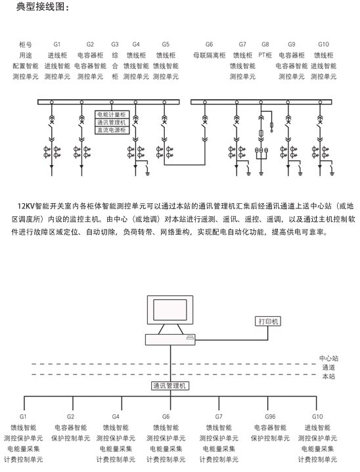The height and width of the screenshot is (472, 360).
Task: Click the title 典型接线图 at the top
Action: [x=40, y=7]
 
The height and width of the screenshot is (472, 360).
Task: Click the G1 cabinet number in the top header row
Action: [x=57, y=45]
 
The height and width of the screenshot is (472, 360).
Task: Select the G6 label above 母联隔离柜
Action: [x=209, y=45]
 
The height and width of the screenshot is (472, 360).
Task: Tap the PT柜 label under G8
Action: [x=265, y=55]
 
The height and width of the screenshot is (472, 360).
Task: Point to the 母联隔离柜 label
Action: [x=209, y=55]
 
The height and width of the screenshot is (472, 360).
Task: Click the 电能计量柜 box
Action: [x=112, y=114]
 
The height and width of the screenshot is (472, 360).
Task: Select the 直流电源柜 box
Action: [x=112, y=130]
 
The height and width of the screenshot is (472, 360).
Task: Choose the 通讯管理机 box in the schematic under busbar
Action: [x=112, y=122]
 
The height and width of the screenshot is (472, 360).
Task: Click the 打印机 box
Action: [x=268, y=321]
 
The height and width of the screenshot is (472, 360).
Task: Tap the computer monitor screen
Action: [x=170, y=310]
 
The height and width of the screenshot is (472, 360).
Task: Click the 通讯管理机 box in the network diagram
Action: [x=170, y=386]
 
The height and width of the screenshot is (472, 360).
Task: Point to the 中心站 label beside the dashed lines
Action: [x=328, y=358]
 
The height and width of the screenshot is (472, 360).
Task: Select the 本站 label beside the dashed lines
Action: [x=328, y=376]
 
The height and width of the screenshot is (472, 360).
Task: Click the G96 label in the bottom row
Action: [x=270, y=417]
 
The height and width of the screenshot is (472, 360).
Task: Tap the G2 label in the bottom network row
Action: [x=70, y=417]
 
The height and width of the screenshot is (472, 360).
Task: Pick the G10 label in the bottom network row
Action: [x=317, y=417]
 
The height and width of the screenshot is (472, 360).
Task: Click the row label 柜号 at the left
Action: [x=25, y=45]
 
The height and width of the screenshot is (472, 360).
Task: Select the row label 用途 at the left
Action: [x=25, y=55]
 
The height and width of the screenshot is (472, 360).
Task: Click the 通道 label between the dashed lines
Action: [x=328, y=367]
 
